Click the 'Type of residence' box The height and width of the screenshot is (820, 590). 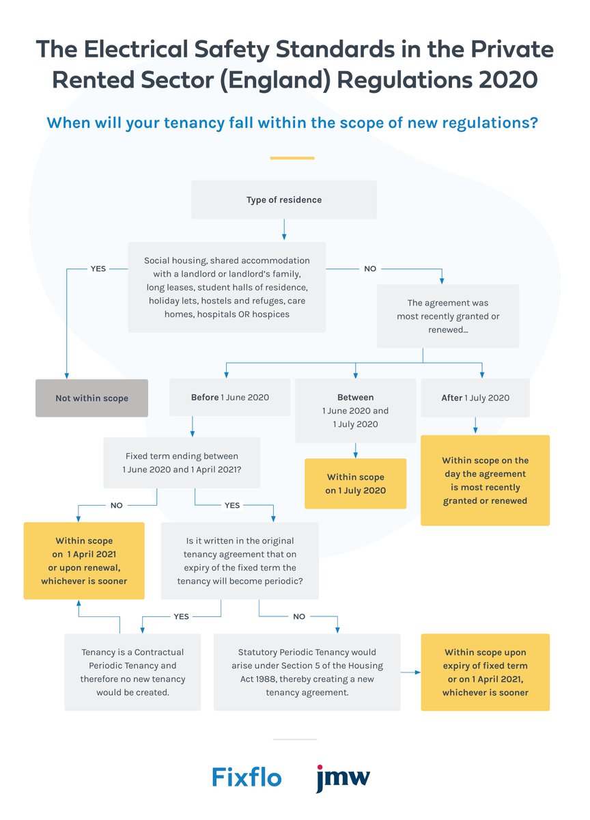pos(283,200)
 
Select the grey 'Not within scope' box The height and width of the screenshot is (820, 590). pos(92,398)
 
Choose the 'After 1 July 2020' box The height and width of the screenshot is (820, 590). pos(475,397)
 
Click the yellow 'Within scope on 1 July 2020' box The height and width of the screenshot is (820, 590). pos(355,484)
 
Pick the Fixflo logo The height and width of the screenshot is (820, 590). pos(246,777)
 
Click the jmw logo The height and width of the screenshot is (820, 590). pos(343,777)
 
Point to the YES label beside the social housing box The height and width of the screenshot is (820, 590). pos(98,269)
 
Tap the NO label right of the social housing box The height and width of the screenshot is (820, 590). pos(369,269)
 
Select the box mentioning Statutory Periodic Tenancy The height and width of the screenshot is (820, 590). pos(307,672)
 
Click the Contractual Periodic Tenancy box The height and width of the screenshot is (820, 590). pos(132,672)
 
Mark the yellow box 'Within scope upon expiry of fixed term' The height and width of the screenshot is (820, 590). pos(485,672)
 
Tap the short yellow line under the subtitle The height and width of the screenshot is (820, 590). pos(292,158)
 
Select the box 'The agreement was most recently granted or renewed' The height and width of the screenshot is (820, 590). pos(447,316)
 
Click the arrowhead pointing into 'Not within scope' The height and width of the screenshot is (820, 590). pos(66,375)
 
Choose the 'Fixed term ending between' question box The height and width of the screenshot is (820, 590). pos(182,463)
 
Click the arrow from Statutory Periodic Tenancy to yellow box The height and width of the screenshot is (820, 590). pos(410,672)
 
